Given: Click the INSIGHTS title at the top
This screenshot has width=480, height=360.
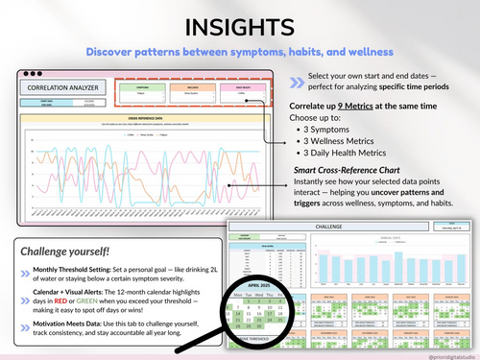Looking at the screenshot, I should pyautogui.click(x=240, y=23).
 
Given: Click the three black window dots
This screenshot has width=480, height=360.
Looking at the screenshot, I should pyautogui.click(x=33, y=73).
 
